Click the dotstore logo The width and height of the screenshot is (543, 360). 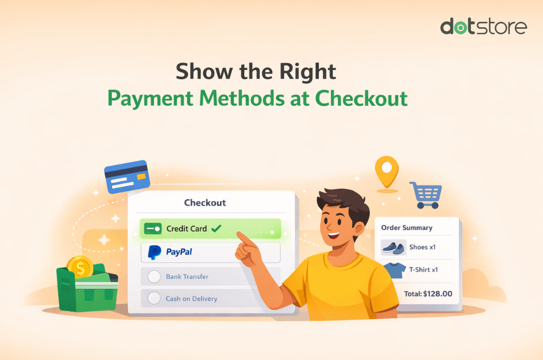pyautogui.click(x=484, y=26)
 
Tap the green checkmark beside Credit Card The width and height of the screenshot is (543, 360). pyautogui.click(x=216, y=229)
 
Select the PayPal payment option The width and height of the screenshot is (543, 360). pyautogui.click(x=210, y=253)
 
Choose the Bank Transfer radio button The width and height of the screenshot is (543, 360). pyautogui.click(x=155, y=277)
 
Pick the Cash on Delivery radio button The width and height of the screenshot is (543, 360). pyautogui.click(x=155, y=298)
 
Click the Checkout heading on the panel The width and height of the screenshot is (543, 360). pyautogui.click(x=205, y=203)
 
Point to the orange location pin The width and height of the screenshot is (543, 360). pyautogui.click(x=387, y=171)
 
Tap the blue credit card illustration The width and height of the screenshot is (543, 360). pyautogui.click(x=127, y=176)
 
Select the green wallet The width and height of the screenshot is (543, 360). pyautogui.click(x=87, y=289)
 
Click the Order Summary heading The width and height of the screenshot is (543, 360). pyautogui.click(x=407, y=227)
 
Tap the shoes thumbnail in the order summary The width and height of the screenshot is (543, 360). pyautogui.click(x=393, y=248)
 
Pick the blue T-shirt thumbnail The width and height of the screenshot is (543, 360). pyautogui.click(x=393, y=270)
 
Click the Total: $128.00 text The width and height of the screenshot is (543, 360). pyautogui.click(x=428, y=293)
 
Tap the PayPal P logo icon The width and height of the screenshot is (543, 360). pyautogui.click(x=155, y=253)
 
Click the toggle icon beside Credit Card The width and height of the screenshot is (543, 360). pyautogui.click(x=153, y=229)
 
